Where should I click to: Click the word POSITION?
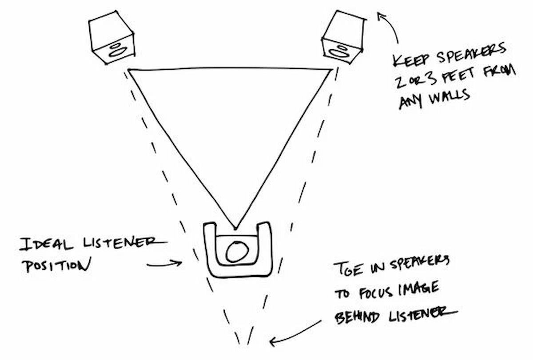click(x=56, y=265)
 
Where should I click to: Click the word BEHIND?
click(x=358, y=316)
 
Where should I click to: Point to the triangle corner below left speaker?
click(x=129, y=70)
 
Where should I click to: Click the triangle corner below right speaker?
click(x=331, y=69)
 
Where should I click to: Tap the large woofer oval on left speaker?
click(x=116, y=52)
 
